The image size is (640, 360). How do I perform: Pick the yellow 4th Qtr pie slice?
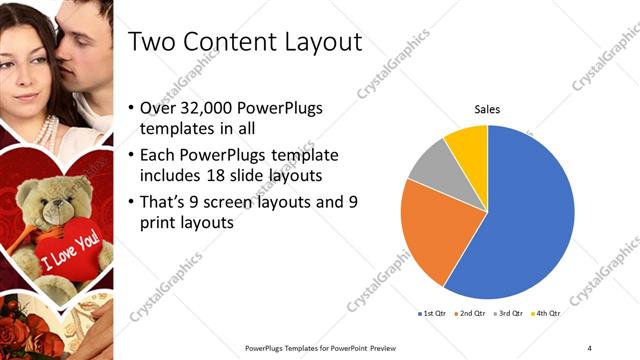468,143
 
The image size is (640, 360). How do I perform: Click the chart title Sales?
487,109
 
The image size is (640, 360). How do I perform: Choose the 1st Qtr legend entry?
432,314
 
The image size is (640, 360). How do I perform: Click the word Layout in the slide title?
316,43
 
